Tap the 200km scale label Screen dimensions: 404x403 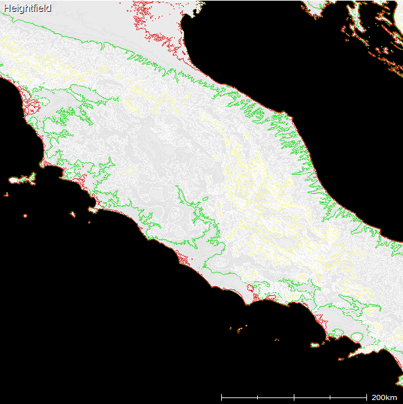point(384,397)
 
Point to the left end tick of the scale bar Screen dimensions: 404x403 point(222,397)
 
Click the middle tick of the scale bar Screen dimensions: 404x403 point(294,397)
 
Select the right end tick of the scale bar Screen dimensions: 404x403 point(366,397)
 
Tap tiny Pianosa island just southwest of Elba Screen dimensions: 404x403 point(6,194)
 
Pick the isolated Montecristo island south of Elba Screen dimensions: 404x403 point(26,215)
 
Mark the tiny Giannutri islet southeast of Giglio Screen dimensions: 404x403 point(88,221)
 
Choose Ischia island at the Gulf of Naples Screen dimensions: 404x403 point(315,344)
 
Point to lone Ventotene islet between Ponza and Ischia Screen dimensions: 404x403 point(277,340)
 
